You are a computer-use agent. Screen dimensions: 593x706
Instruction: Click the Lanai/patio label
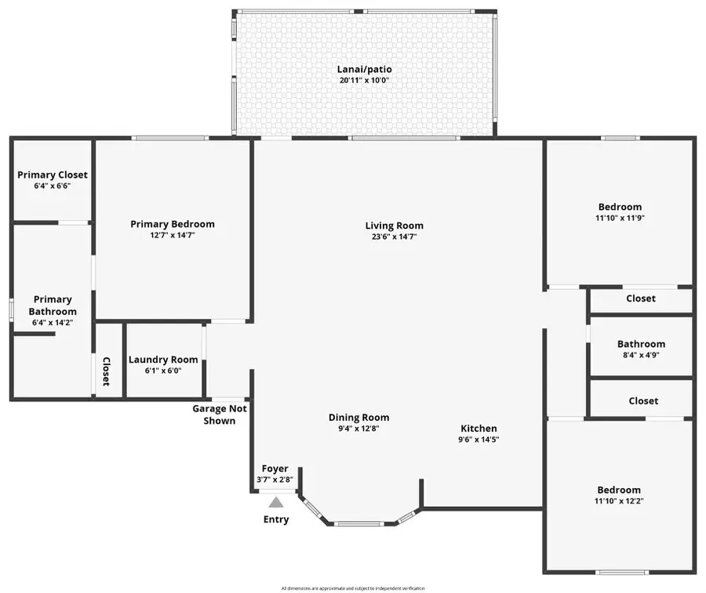pos(365,69)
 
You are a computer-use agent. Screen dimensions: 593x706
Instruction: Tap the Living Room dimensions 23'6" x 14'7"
pos(395,237)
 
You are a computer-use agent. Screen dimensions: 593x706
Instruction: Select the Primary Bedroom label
pos(172,224)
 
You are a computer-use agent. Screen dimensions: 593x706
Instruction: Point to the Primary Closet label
pos(53,175)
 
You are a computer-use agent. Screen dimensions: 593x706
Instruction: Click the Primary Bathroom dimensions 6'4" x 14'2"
pos(53,322)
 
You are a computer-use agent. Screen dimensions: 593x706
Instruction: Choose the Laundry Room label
pos(164,360)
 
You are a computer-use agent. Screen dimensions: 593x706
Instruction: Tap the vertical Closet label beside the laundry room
pos(106,372)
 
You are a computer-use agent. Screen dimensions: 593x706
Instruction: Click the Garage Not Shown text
pos(219,414)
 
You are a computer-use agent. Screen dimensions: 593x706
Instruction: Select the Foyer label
pos(275,468)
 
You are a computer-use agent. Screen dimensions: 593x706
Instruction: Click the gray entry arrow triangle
pos(275,503)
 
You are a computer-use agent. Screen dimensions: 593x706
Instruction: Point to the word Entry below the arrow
pos(275,519)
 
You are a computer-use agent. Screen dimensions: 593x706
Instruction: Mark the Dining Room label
pos(358,418)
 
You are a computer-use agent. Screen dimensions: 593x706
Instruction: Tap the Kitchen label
pos(479,428)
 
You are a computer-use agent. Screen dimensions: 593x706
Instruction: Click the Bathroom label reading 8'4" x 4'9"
pos(641,344)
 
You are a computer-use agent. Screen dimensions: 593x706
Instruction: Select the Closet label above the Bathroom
pos(641,298)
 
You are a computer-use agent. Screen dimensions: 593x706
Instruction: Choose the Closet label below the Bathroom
pos(643,400)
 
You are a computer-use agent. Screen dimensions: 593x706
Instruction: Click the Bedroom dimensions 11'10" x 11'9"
pos(620,218)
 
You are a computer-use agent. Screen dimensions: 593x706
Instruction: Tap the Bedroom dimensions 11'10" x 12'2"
pos(620,501)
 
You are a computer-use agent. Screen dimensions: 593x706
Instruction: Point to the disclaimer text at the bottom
pos(353,588)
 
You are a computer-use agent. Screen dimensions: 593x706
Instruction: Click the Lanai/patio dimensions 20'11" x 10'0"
pos(365,80)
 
